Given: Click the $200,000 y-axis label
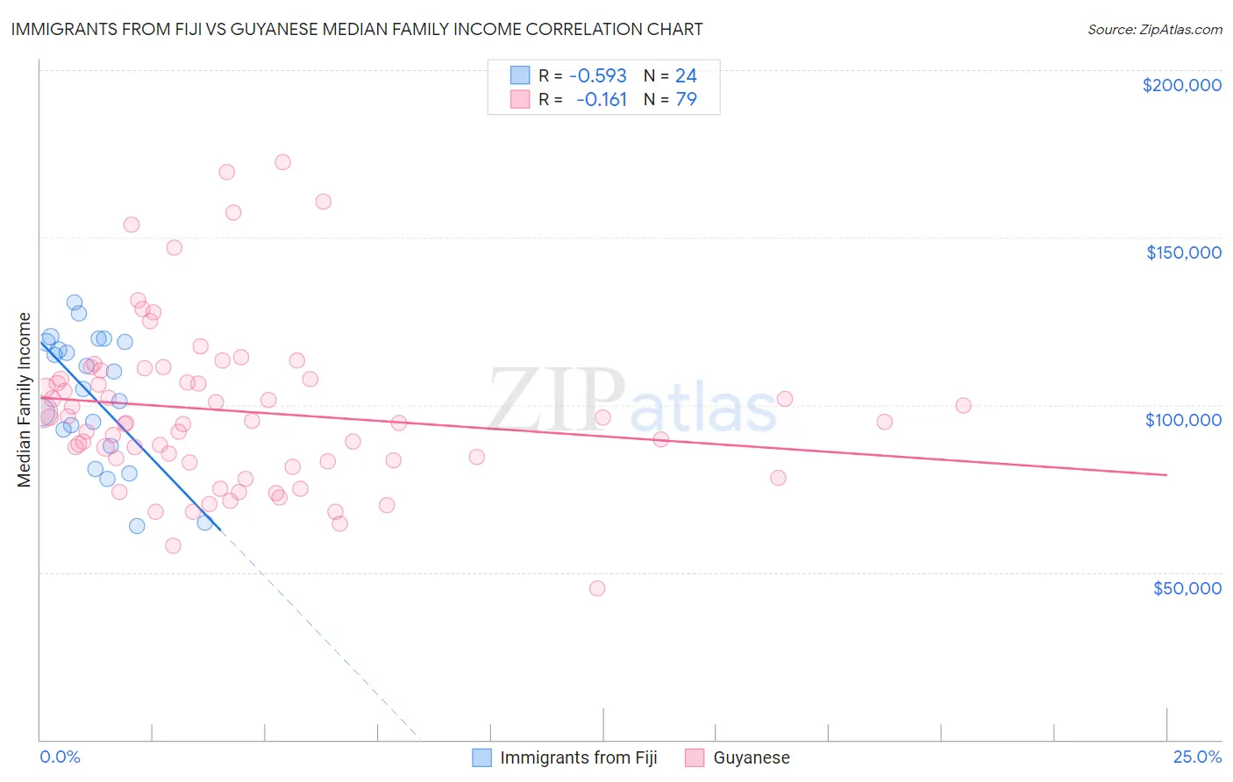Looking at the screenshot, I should coord(1181,85).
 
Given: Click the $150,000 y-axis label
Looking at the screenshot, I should coord(1183,252).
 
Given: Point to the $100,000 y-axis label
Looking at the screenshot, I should coord(1183,420).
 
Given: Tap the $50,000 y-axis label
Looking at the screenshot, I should coord(1187,587).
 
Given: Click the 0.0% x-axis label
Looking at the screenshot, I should coord(60,757).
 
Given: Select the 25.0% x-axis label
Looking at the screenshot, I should coord(1197,757).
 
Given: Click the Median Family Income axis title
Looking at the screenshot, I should coord(25,400).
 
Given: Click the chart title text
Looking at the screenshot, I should coord(357,29).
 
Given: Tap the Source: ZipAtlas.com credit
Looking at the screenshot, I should coord(1154,29).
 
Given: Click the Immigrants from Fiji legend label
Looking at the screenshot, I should coord(578,757).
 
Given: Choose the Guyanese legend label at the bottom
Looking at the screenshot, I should coord(752,757).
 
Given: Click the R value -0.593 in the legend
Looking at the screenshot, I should coord(597,75).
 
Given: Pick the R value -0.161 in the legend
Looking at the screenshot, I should coord(602,99).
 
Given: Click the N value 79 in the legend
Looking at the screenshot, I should coord(686,99).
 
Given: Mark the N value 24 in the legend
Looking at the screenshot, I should coord(686,75).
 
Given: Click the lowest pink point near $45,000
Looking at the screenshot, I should coord(597,588).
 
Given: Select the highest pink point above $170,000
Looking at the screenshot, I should coord(282,162).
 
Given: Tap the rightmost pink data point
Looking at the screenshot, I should coord(963,405).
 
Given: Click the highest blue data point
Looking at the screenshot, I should coord(75,302).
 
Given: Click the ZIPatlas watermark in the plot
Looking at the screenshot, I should coord(631,402).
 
